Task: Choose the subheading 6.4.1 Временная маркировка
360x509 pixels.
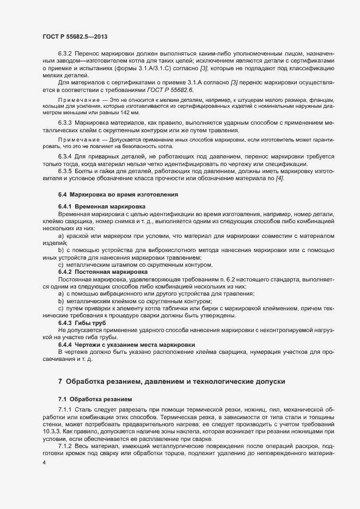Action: tap(101, 207)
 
